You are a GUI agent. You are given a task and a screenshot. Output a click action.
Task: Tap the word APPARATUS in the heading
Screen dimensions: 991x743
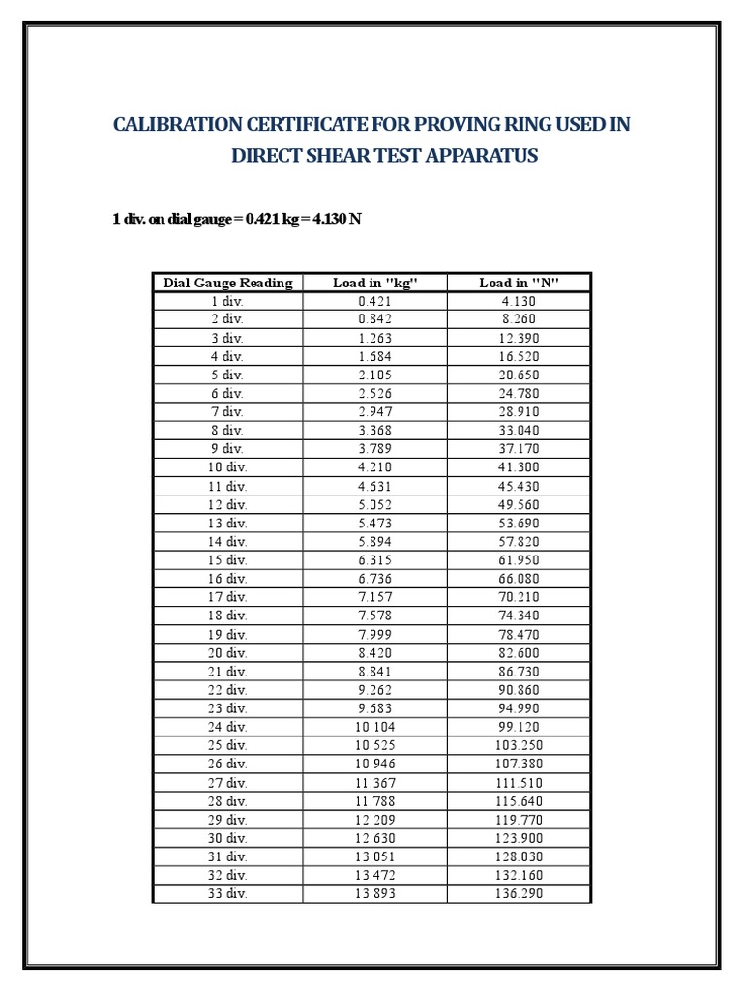click(x=477, y=155)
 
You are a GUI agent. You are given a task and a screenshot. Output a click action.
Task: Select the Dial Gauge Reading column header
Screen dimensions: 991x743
click(x=227, y=283)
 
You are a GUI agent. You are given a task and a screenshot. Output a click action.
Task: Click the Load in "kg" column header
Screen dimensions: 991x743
click(x=374, y=283)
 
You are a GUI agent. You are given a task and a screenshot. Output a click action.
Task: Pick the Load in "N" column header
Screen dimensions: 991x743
click(x=519, y=283)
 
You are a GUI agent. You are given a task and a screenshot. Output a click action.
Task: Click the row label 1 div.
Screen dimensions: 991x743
click(x=227, y=301)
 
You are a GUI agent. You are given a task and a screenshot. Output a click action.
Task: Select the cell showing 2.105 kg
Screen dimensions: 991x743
click(x=374, y=375)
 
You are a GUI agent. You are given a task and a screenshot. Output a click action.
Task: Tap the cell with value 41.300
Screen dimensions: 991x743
click(x=519, y=467)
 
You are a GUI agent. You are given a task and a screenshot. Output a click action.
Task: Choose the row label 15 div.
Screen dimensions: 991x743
click(x=227, y=560)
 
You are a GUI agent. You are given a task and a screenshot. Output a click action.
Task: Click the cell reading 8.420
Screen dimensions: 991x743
click(x=374, y=653)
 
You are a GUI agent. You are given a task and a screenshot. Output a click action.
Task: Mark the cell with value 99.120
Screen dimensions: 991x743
click(x=519, y=727)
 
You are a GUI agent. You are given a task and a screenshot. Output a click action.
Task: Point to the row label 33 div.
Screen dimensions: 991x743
click(x=227, y=893)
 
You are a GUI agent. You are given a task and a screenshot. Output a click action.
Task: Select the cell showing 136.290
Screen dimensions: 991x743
click(x=519, y=893)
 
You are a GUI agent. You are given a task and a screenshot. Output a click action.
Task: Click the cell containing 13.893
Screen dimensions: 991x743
click(x=374, y=893)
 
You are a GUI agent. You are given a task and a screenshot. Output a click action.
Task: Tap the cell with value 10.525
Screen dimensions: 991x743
click(x=374, y=745)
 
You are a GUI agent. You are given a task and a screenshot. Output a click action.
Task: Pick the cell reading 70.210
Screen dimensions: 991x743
click(x=519, y=597)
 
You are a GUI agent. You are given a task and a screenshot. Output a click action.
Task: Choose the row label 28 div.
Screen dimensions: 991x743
click(x=227, y=801)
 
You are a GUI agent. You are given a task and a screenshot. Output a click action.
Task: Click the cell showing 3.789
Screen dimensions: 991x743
click(x=374, y=449)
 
